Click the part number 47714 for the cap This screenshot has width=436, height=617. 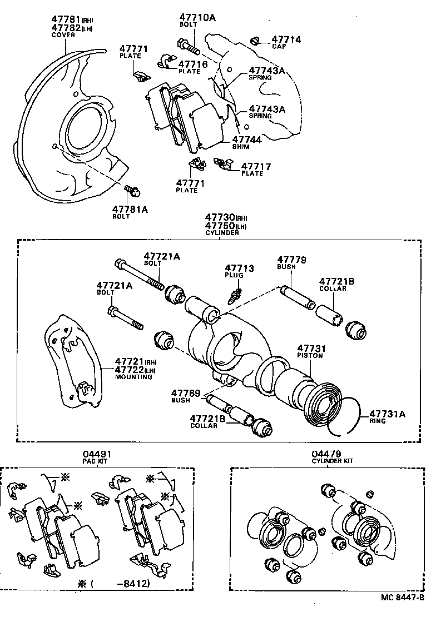click(x=286, y=39)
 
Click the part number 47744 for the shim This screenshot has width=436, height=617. click(x=247, y=140)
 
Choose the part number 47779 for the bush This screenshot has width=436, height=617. click(x=293, y=260)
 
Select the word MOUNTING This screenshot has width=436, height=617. click(x=133, y=377)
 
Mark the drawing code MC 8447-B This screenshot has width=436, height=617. click(x=403, y=598)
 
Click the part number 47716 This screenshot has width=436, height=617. click(x=193, y=64)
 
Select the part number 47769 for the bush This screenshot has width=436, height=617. click(x=186, y=393)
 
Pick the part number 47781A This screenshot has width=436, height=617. click(x=130, y=209)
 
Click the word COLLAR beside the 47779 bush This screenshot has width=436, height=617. click(x=333, y=288)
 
